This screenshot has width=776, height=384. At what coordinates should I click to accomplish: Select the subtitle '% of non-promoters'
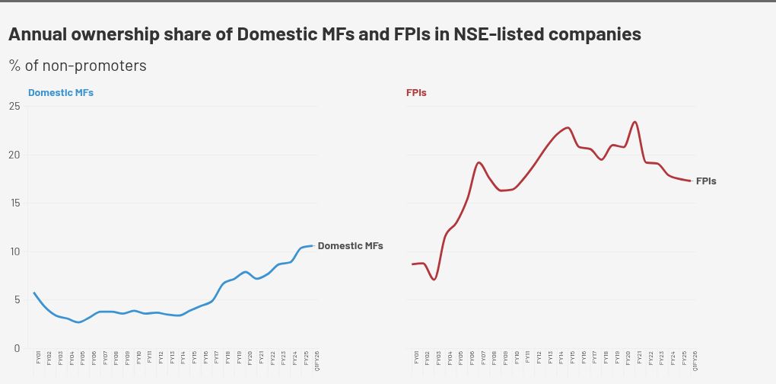78,66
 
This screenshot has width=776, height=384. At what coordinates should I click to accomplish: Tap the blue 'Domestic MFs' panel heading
61,93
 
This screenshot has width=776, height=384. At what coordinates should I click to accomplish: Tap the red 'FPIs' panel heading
416,93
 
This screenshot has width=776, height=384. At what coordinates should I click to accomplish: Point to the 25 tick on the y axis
14,106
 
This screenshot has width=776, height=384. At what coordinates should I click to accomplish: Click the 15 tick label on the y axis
14,203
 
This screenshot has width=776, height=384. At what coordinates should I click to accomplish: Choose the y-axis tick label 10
14,251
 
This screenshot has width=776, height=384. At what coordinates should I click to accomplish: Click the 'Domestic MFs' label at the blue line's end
350,246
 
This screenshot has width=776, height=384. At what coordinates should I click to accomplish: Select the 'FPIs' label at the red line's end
706,181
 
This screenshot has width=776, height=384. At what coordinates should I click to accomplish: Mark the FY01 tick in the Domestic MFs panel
37,357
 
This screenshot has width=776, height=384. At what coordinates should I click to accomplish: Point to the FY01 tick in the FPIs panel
416,357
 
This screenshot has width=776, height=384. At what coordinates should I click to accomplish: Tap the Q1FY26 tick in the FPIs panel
695,360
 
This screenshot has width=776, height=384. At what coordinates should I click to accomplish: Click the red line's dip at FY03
434,280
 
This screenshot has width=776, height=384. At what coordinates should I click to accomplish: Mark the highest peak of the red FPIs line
635,122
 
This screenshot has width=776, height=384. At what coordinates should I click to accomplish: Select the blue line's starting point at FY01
34,293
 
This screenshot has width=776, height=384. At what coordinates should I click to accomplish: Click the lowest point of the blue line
78,322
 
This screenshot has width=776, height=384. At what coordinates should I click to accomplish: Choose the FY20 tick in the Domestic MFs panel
250,357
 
